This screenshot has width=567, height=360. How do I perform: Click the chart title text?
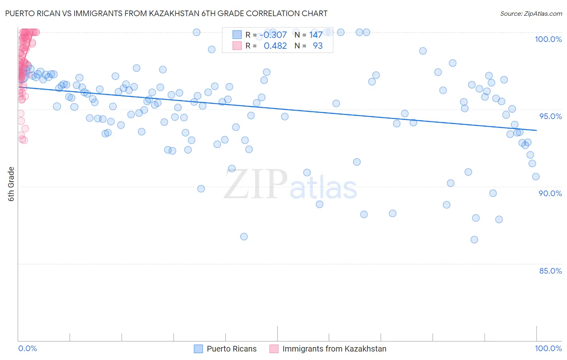tap(166, 13)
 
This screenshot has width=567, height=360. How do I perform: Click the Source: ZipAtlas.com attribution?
tap(531, 13)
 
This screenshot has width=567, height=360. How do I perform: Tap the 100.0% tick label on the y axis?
tap(548, 39)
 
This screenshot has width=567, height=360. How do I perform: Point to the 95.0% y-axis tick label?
tap(550, 116)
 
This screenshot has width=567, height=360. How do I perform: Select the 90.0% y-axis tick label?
tap(550, 193)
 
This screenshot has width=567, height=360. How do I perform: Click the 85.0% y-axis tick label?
tap(550, 271)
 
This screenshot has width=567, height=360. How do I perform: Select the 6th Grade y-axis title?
tap(11, 184)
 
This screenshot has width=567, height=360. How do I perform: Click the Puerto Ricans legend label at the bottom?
tap(231, 349)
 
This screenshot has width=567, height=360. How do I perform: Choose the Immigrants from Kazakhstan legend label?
tap(334, 349)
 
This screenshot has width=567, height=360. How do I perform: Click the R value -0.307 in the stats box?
tap(273, 35)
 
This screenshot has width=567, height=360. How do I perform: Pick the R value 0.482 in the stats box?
tap(275, 46)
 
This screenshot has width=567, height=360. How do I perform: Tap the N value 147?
tap(316, 35)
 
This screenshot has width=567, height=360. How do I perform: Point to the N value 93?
tap(318, 46)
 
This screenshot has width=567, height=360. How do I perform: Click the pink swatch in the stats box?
tap(237, 46)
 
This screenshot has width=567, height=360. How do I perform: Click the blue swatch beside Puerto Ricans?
tap(198, 349)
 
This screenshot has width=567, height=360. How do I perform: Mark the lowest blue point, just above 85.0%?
tap(474, 240)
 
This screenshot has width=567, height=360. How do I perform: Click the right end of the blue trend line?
tap(536, 130)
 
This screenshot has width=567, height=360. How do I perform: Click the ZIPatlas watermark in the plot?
tap(290, 185)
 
